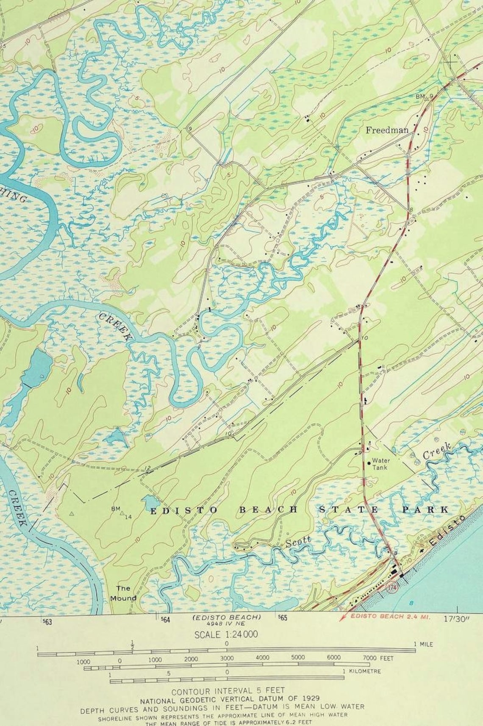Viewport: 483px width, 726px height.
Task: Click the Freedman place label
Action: [387, 130]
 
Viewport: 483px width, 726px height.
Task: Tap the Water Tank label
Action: [381, 463]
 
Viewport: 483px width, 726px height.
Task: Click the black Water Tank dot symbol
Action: [369, 463]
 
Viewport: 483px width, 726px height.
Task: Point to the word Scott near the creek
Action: [298, 541]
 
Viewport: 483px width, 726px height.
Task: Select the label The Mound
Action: [124, 593]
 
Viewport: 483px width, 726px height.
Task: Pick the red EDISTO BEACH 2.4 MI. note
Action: [390, 616]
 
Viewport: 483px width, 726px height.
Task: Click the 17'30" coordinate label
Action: [457, 618]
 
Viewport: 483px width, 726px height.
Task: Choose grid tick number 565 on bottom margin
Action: [282, 618]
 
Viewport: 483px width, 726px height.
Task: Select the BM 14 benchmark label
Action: [122, 513]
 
